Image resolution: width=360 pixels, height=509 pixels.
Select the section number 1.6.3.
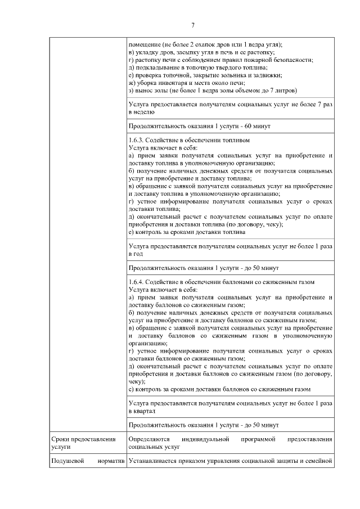click(x=136, y=138)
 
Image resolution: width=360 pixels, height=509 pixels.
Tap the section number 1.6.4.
click(x=136, y=281)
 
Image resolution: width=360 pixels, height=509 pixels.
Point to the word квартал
click(x=142, y=411)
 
